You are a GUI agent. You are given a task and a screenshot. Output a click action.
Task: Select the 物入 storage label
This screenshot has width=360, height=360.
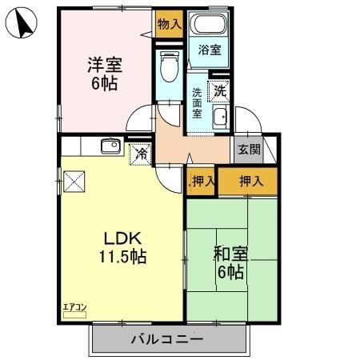pos(169,24)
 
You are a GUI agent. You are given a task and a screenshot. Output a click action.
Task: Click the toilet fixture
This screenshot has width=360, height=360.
pos(169,68)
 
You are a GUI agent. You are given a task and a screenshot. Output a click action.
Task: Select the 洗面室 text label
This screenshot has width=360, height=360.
pos(197,103)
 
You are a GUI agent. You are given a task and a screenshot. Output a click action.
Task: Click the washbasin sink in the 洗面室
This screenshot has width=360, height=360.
pos(220,118)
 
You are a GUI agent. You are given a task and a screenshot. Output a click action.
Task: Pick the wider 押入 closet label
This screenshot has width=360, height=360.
pos(251,181)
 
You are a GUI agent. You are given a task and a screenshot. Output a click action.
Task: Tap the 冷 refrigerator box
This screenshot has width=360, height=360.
pos(142,152)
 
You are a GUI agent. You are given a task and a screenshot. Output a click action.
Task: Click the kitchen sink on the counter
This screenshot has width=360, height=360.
pos(110,145)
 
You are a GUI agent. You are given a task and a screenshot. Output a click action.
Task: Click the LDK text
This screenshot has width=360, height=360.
pos(121,238)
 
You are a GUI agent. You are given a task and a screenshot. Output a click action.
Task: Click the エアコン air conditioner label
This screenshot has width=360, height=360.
pos(74,306)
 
